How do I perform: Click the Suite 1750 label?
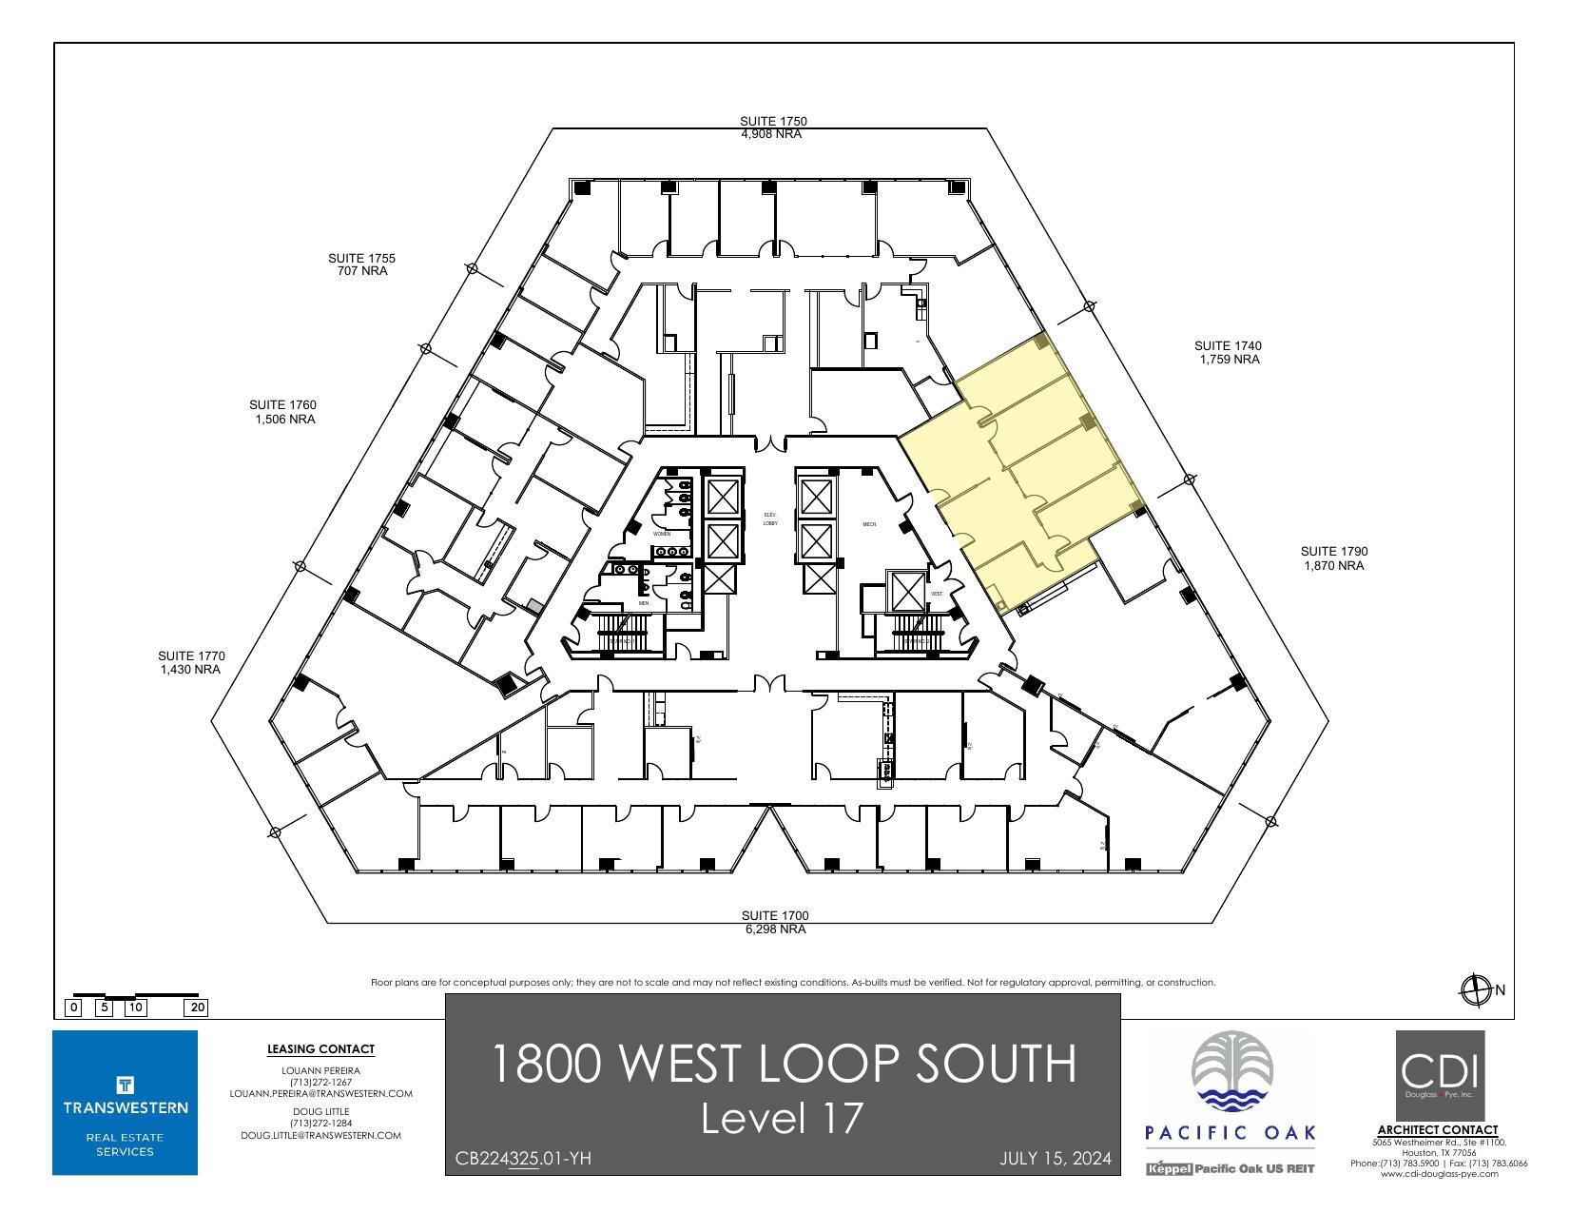pyautogui.click(x=772, y=127)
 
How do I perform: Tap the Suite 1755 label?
pyautogui.click(x=361, y=264)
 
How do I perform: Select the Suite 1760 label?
pyautogui.click(x=283, y=412)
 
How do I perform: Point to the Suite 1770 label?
pyautogui.click(x=191, y=662)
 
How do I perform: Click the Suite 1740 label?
pyautogui.click(x=1229, y=352)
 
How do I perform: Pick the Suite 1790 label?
pyautogui.click(x=1333, y=558)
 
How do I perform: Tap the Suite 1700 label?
pyautogui.click(x=774, y=922)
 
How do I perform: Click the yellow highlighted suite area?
pyautogui.click(x=1027, y=457)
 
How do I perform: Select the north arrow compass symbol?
pyautogui.click(x=1475, y=990)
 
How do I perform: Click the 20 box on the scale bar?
pyautogui.click(x=198, y=1008)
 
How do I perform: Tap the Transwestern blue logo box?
pyautogui.click(x=126, y=1102)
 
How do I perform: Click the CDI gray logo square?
pyautogui.click(x=1439, y=1075)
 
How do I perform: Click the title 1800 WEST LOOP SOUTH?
pyautogui.click(x=784, y=1063)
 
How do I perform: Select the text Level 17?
pyautogui.click(x=783, y=1119)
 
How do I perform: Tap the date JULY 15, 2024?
pyautogui.click(x=1055, y=1159)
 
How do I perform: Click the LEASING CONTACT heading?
pyautogui.click(x=320, y=1049)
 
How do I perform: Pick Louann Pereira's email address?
pyautogui.click(x=320, y=1094)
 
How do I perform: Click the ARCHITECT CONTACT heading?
pyautogui.click(x=1437, y=1130)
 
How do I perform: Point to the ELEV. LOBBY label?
pyautogui.click(x=770, y=518)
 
